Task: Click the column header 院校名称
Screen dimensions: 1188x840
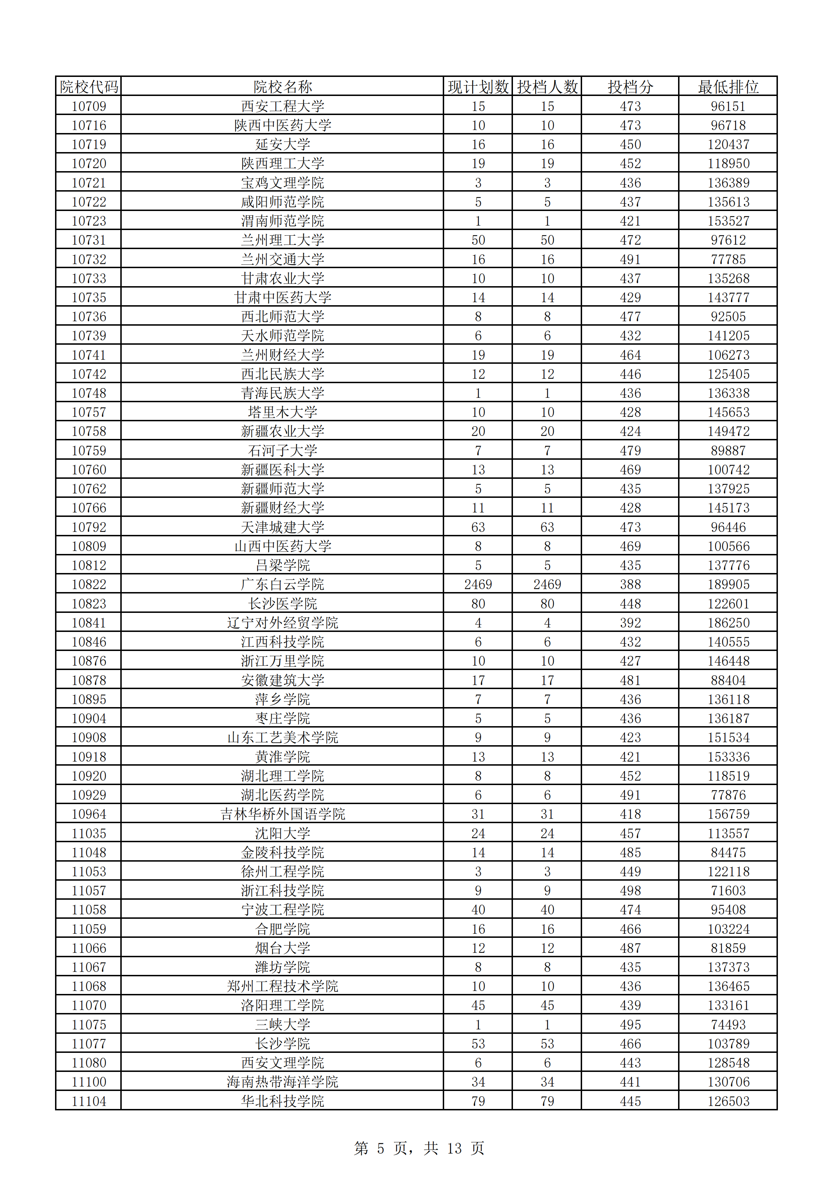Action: [283, 86]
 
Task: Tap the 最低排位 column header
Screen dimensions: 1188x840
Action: [728, 86]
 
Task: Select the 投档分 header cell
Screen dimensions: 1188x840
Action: [630, 86]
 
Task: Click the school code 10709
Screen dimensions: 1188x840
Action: [89, 106]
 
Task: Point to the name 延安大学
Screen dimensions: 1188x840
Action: [283, 144]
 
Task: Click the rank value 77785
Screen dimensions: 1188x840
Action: [728, 259]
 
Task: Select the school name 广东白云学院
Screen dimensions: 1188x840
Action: [283, 584]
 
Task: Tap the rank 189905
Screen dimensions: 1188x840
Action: [728, 584]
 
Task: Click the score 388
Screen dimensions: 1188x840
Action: [630, 584]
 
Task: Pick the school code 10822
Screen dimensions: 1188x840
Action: [89, 584]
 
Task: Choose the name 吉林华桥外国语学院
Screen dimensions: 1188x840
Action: [283, 814]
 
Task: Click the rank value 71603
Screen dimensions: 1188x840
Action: [728, 891]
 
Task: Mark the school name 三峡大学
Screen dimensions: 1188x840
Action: [283, 1025]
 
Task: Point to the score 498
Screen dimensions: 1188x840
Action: [630, 891]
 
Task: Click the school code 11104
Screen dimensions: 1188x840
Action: [89, 1101]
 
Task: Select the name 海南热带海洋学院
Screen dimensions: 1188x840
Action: [283, 1082]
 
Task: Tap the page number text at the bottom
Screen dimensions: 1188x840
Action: [419, 1148]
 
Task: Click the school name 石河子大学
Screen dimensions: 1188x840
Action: [283, 451]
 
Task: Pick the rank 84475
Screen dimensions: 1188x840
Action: [728, 852]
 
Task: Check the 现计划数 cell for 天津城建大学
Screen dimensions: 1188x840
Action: [478, 527]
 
